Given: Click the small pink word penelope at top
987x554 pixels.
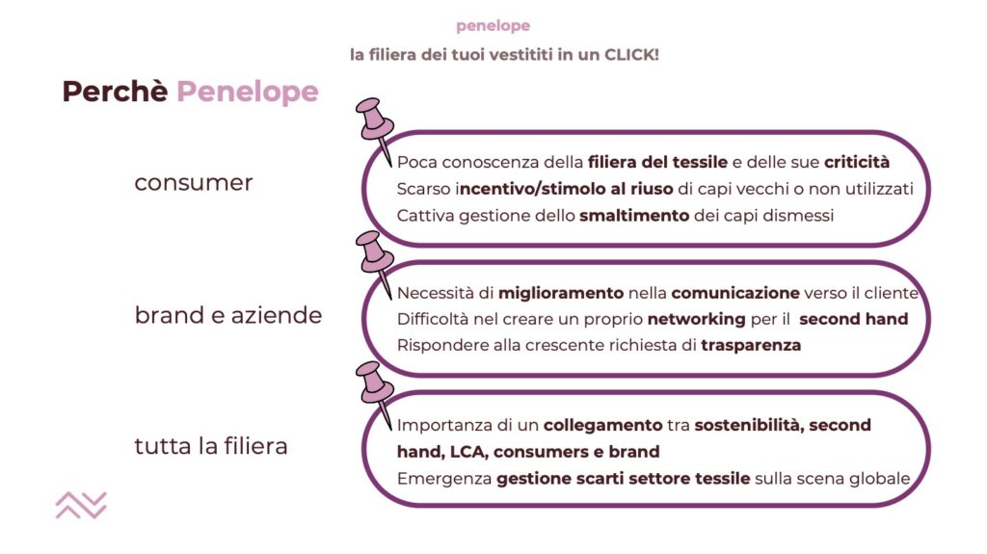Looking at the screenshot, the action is pyautogui.click(x=493, y=26).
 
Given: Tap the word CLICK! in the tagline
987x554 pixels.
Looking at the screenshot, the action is pyautogui.click(x=631, y=55).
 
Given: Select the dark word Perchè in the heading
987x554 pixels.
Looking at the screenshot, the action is pyautogui.click(x=115, y=92).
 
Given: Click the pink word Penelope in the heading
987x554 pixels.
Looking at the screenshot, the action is pyautogui.click(x=248, y=92).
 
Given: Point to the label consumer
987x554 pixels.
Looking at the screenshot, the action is pyautogui.click(x=193, y=182).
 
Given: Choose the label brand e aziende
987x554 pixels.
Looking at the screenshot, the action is pyautogui.click(x=227, y=315).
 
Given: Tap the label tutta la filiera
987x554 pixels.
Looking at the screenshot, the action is pyautogui.click(x=211, y=446).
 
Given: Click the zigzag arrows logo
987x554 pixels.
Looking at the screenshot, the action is pyautogui.click(x=81, y=506).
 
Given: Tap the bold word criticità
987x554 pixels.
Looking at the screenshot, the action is pyautogui.click(x=857, y=162).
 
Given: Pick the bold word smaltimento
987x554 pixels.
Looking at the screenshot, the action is pyautogui.click(x=634, y=215).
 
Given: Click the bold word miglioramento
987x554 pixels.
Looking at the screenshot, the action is pyautogui.click(x=561, y=293).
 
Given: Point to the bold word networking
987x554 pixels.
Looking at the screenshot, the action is pyautogui.click(x=696, y=319).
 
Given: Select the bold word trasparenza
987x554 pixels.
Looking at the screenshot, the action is pyautogui.click(x=751, y=346).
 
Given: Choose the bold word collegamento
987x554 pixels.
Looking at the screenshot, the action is pyautogui.click(x=603, y=426).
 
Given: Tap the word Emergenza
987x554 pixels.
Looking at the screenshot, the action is pyautogui.click(x=443, y=479).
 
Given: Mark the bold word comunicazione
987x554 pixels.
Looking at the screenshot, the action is pyautogui.click(x=735, y=293).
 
